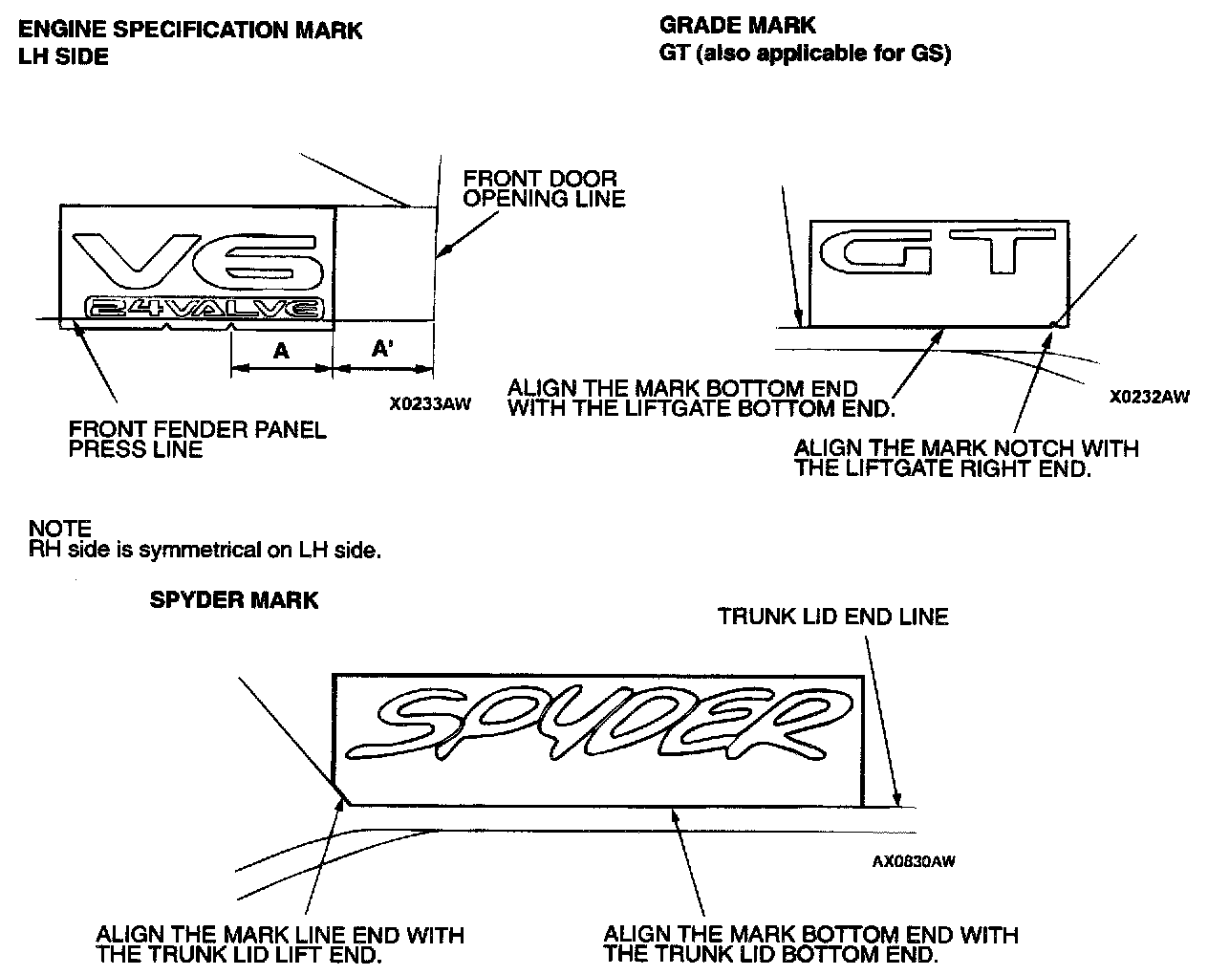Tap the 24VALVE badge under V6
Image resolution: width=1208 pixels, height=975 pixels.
pyautogui.click(x=204, y=308)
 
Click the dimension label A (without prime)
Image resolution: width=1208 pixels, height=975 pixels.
pyautogui.click(x=281, y=351)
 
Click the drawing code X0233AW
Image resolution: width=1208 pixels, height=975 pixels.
pyautogui.click(x=430, y=404)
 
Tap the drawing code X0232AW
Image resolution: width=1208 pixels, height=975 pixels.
pyautogui.click(x=1149, y=397)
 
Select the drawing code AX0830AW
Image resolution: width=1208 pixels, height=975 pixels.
pyautogui.click(x=913, y=861)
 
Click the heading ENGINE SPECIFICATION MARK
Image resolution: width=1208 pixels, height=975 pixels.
pyautogui.click(x=190, y=30)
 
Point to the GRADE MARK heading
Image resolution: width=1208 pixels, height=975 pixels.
pyautogui.click(x=738, y=25)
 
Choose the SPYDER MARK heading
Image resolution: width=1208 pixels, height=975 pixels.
pyautogui.click(x=234, y=600)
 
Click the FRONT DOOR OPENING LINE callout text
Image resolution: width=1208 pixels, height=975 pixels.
pyautogui.click(x=543, y=188)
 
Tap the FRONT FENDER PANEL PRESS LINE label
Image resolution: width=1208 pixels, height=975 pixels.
pyautogui.click(x=197, y=439)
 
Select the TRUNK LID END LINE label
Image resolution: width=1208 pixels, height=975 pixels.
pyautogui.click(x=832, y=617)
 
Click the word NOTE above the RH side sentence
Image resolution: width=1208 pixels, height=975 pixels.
pyautogui.click(x=59, y=529)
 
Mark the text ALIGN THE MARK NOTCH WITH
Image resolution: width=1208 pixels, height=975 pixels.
pyautogui.click(x=966, y=447)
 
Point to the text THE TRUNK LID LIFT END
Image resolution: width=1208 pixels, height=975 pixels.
pyautogui.click(x=238, y=954)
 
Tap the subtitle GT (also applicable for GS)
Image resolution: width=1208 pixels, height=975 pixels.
pyautogui.click(x=805, y=54)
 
